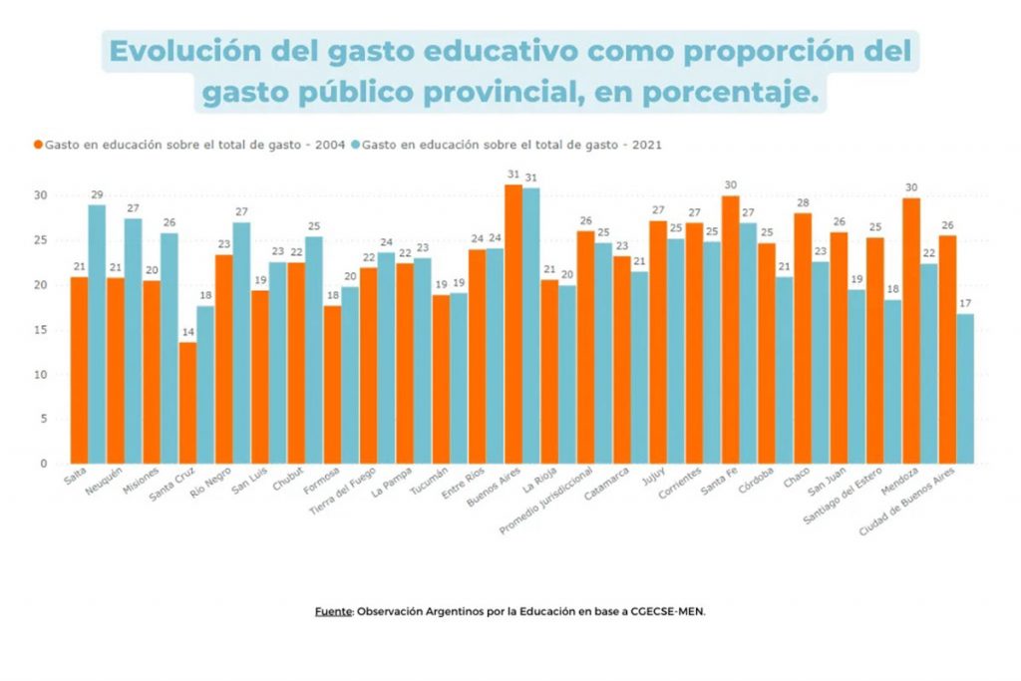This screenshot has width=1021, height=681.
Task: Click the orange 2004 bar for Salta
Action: tap(79, 370)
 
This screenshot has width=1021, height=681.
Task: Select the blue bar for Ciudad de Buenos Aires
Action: tap(965, 389)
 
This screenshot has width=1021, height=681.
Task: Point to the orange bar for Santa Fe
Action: tap(730, 330)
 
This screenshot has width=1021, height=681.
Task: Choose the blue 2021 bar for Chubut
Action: tap(314, 350)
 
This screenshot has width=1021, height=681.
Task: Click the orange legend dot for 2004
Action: tap(39, 145)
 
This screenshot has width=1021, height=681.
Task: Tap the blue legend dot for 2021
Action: tap(356, 145)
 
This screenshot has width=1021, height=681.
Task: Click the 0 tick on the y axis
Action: tap(44, 464)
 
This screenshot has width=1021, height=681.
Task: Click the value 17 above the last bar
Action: tap(965, 303)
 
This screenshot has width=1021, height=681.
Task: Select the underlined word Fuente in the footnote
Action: tap(333, 611)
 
